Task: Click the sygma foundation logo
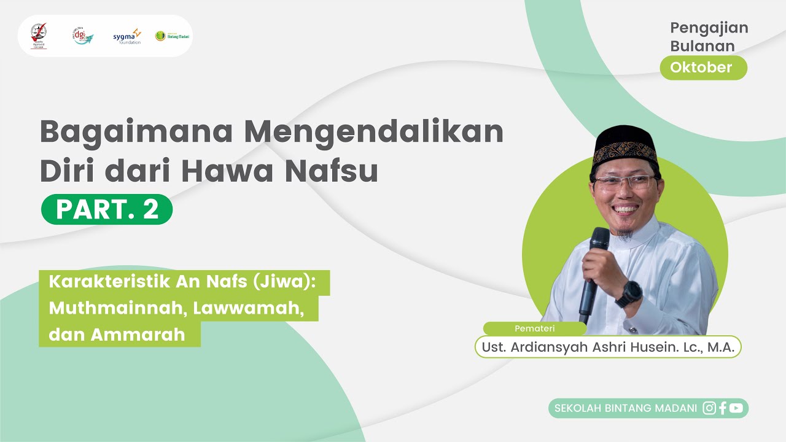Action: (x=127, y=36)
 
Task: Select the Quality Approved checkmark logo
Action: (x=39, y=35)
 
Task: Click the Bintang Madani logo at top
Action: (x=172, y=36)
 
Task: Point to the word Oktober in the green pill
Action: (x=701, y=68)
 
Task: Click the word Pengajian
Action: (x=709, y=28)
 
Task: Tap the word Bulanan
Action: (x=702, y=46)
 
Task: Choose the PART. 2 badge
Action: (x=107, y=209)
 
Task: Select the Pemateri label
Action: (x=534, y=328)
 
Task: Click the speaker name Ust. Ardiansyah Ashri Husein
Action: (x=608, y=346)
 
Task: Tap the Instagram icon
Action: (x=709, y=408)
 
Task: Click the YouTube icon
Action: (x=736, y=408)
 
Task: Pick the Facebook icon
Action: (x=723, y=408)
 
